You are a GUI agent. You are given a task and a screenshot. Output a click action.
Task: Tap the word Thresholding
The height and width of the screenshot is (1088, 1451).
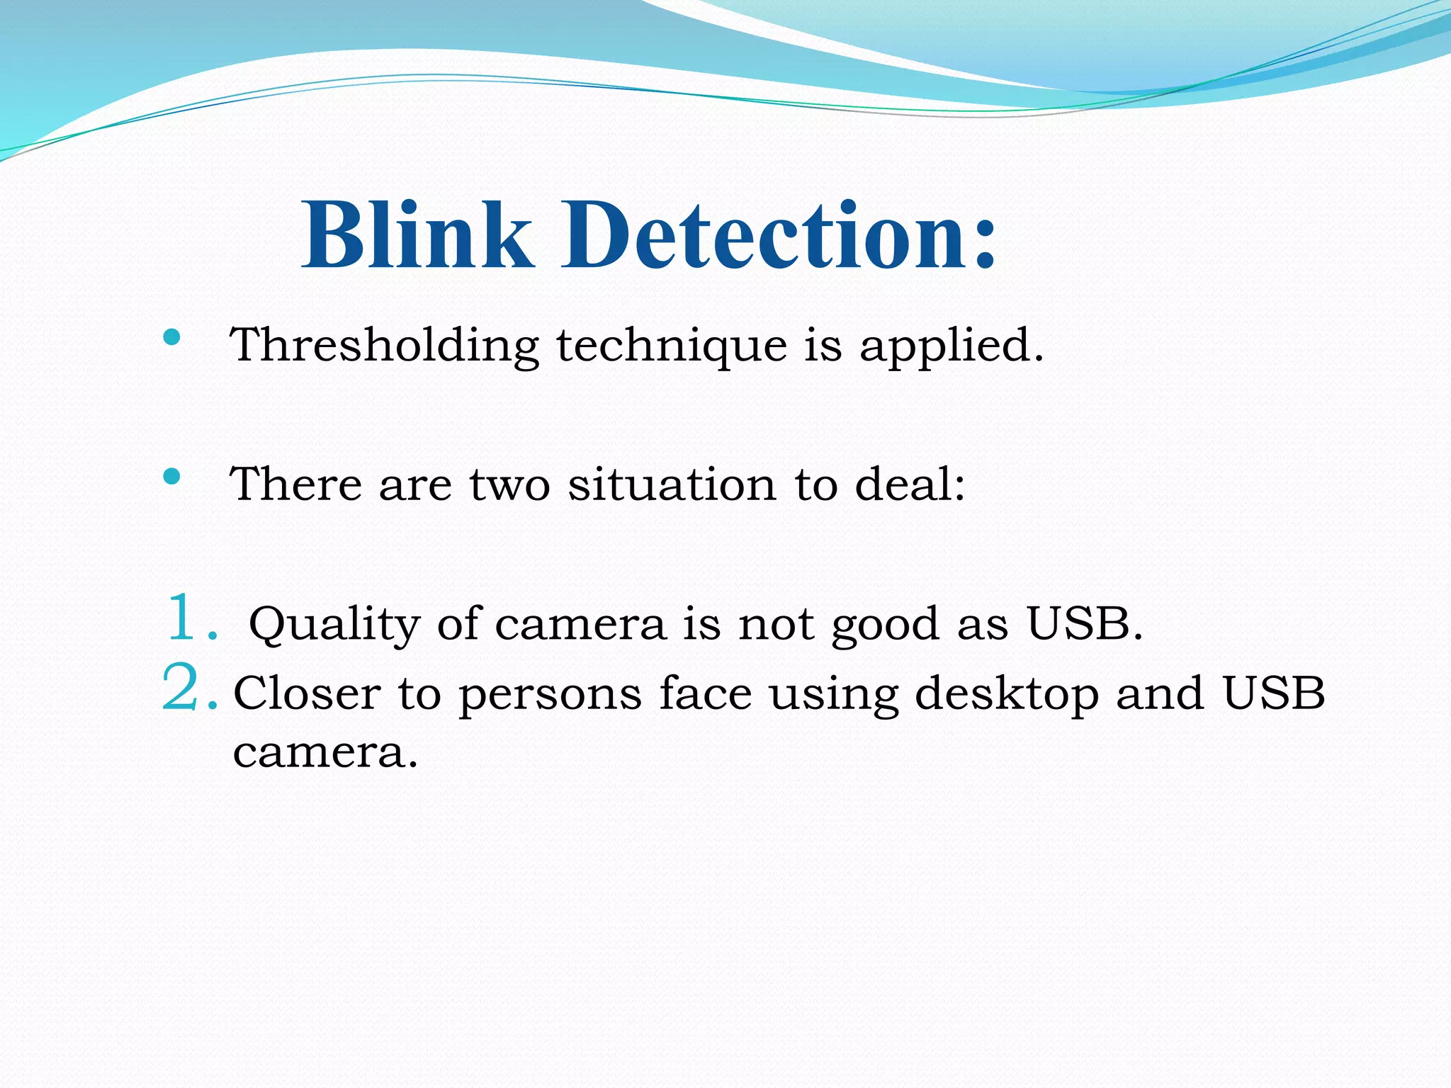pyautogui.click(x=385, y=346)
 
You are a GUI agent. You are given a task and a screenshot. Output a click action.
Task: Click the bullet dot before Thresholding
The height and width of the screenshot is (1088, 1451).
pyautogui.click(x=171, y=336)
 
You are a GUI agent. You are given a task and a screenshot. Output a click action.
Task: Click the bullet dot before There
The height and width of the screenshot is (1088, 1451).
pyautogui.click(x=171, y=476)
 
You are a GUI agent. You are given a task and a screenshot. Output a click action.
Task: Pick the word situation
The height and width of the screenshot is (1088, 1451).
pyautogui.click(x=672, y=485)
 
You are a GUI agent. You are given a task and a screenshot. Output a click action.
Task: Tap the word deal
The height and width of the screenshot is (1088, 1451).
pyautogui.click(x=910, y=485)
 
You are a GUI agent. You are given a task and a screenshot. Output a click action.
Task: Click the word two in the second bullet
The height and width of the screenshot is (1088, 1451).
pyautogui.click(x=509, y=487)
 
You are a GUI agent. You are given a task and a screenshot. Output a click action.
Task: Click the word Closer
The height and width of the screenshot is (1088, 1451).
pyautogui.click(x=307, y=693)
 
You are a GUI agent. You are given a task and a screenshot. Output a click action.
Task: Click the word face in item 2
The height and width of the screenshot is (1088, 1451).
pyautogui.click(x=705, y=693)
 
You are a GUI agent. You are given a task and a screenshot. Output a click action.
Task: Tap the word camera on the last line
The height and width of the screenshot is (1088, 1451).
pyautogui.click(x=325, y=752)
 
